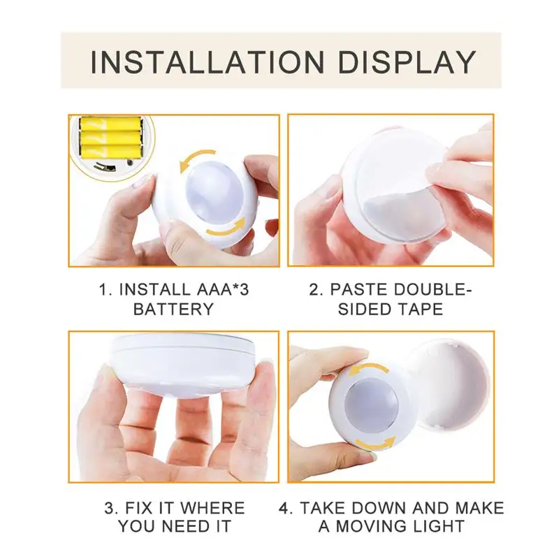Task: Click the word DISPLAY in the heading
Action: [x=407, y=62]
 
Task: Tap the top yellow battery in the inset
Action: [x=110, y=124]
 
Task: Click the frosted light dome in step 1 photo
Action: [x=214, y=193]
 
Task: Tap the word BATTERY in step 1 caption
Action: [x=173, y=309]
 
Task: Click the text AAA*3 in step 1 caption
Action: [x=218, y=289]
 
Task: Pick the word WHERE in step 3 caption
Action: [x=212, y=508]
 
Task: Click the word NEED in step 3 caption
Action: [x=187, y=527]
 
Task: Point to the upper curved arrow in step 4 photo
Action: [x=369, y=368]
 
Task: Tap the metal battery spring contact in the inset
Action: [x=104, y=166]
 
